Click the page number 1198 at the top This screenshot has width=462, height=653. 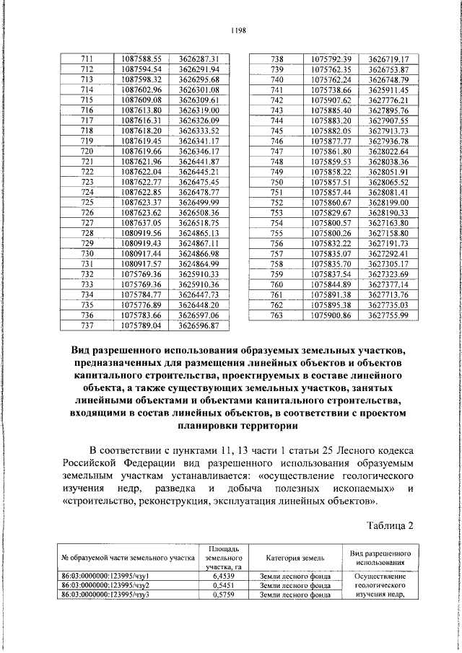[239, 30]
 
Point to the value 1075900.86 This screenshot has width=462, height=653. [330, 315]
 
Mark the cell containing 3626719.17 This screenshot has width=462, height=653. [388, 58]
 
